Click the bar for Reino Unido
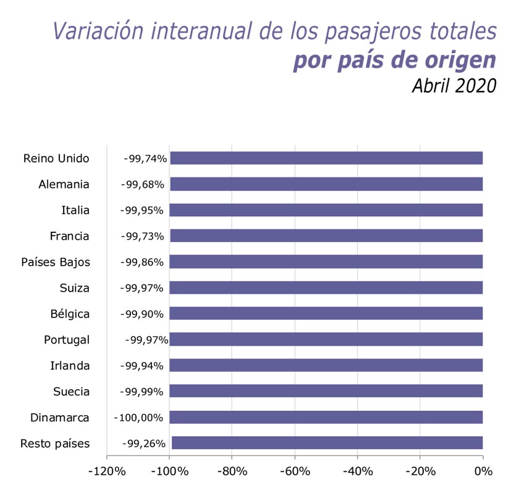[326, 158]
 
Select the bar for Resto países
[327, 443]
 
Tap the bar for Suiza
[326, 288]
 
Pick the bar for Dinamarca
[326, 417]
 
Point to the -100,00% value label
[138, 417]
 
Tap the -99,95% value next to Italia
[141, 210]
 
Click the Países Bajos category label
[55, 262]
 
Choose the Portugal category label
[67, 340]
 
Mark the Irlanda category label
[70, 366]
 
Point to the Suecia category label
[70, 392]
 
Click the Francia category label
[69, 236]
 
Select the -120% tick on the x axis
[108, 471]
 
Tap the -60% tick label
[295, 471]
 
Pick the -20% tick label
[420, 471]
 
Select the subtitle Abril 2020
[454, 85]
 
